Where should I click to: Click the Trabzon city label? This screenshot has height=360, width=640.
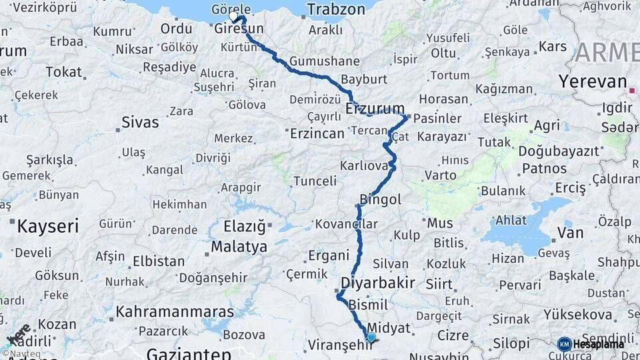(336, 9)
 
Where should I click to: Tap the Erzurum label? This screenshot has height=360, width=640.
(375, 109)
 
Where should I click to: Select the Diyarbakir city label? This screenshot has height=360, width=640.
(378, 283)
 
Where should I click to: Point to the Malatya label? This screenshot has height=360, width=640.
(239, 247)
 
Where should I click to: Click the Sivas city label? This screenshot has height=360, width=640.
(141, 122)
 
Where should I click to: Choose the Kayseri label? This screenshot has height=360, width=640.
(47, 226)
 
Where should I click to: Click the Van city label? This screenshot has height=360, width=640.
(570, 233)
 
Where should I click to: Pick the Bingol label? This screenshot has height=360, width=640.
(381, 199)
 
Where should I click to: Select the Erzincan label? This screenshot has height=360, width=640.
(317, 133)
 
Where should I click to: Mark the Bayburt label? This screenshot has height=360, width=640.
(364, 79)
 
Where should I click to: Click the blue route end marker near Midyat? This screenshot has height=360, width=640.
(371, 337)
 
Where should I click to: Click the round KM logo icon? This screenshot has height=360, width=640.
(565, 344)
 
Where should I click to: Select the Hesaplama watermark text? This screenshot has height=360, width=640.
(599, 345)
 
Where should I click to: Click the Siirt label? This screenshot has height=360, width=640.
(439, 284)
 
